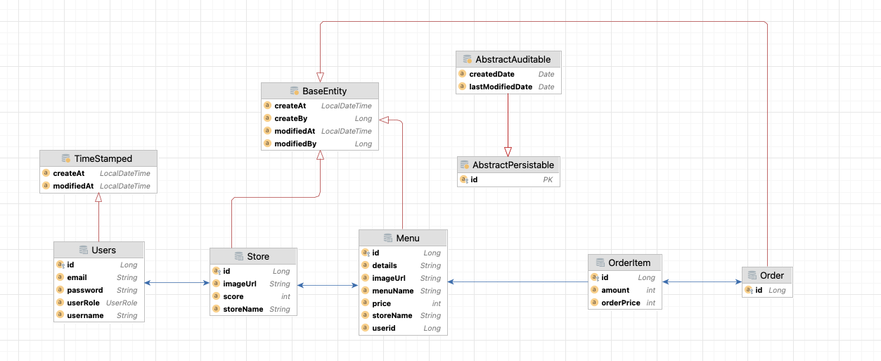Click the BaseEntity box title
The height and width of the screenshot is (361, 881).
pos(324,91)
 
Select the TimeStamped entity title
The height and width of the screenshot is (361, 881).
pos(103,158)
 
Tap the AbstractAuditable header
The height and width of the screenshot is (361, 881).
pos(513,59)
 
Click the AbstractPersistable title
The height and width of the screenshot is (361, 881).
pos(513,165)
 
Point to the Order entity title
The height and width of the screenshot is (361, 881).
pos(771,275)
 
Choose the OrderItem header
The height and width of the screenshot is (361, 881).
pos(629,262)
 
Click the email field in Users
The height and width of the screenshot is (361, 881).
pos(77,277)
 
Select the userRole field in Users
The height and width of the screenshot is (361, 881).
pos(83,303)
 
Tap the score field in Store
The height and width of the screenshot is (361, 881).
pos(233,296)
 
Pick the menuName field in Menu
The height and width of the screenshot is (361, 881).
pos(392,291)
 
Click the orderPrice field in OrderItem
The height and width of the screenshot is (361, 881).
pos(621,303)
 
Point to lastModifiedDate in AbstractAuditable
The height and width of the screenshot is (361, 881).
pos(501,87)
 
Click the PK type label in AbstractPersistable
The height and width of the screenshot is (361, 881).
pos(548,179)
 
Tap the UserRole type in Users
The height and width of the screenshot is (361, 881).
pos(122,303)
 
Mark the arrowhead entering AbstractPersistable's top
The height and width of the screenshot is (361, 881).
pos(508,151)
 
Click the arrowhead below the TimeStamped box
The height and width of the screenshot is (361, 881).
pos(98,198)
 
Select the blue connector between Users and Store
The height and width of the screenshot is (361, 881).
pos(176,283)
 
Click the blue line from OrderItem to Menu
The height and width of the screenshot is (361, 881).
pos(517,282)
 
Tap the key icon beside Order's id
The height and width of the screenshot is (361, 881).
pos(748,290)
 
